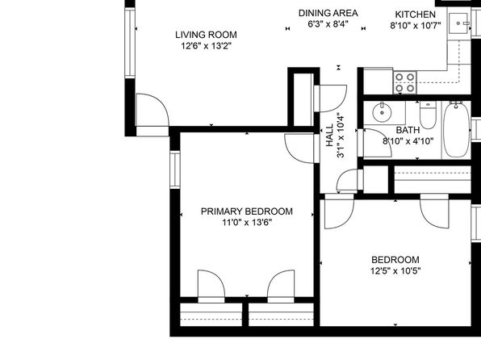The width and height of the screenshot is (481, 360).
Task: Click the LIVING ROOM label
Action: tap(206, 35)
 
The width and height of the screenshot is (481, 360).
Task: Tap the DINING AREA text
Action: tap(328, 13)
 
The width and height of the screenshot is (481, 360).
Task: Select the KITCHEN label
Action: tap(415, 15)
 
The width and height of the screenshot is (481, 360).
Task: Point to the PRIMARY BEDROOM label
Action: tap(247, 211)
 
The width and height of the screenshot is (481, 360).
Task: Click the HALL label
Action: tap(329, 135)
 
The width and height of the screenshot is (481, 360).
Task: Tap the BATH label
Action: tap(408, 130)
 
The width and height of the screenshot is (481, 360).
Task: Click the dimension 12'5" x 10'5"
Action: tap(395, 271)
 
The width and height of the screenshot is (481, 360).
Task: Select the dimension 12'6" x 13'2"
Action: tap(206, 46)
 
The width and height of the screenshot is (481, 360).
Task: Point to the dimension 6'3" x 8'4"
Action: tap(328, 24)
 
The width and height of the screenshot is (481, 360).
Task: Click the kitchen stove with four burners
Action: tap(404, 82)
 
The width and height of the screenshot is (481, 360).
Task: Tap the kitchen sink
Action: tap(458, 23)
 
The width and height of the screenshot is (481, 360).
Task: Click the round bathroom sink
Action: tap(382, 112)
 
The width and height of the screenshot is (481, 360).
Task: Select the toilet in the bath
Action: tap(428, 115)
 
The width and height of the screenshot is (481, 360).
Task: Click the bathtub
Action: tap(457, 130)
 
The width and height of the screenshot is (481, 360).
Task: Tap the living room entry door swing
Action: tap(153, 110)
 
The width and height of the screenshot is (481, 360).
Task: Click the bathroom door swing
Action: tap(378, 144)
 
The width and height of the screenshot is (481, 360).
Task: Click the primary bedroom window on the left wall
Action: tap(175, 170)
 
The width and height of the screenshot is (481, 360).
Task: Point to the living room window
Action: tap(130, 43)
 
